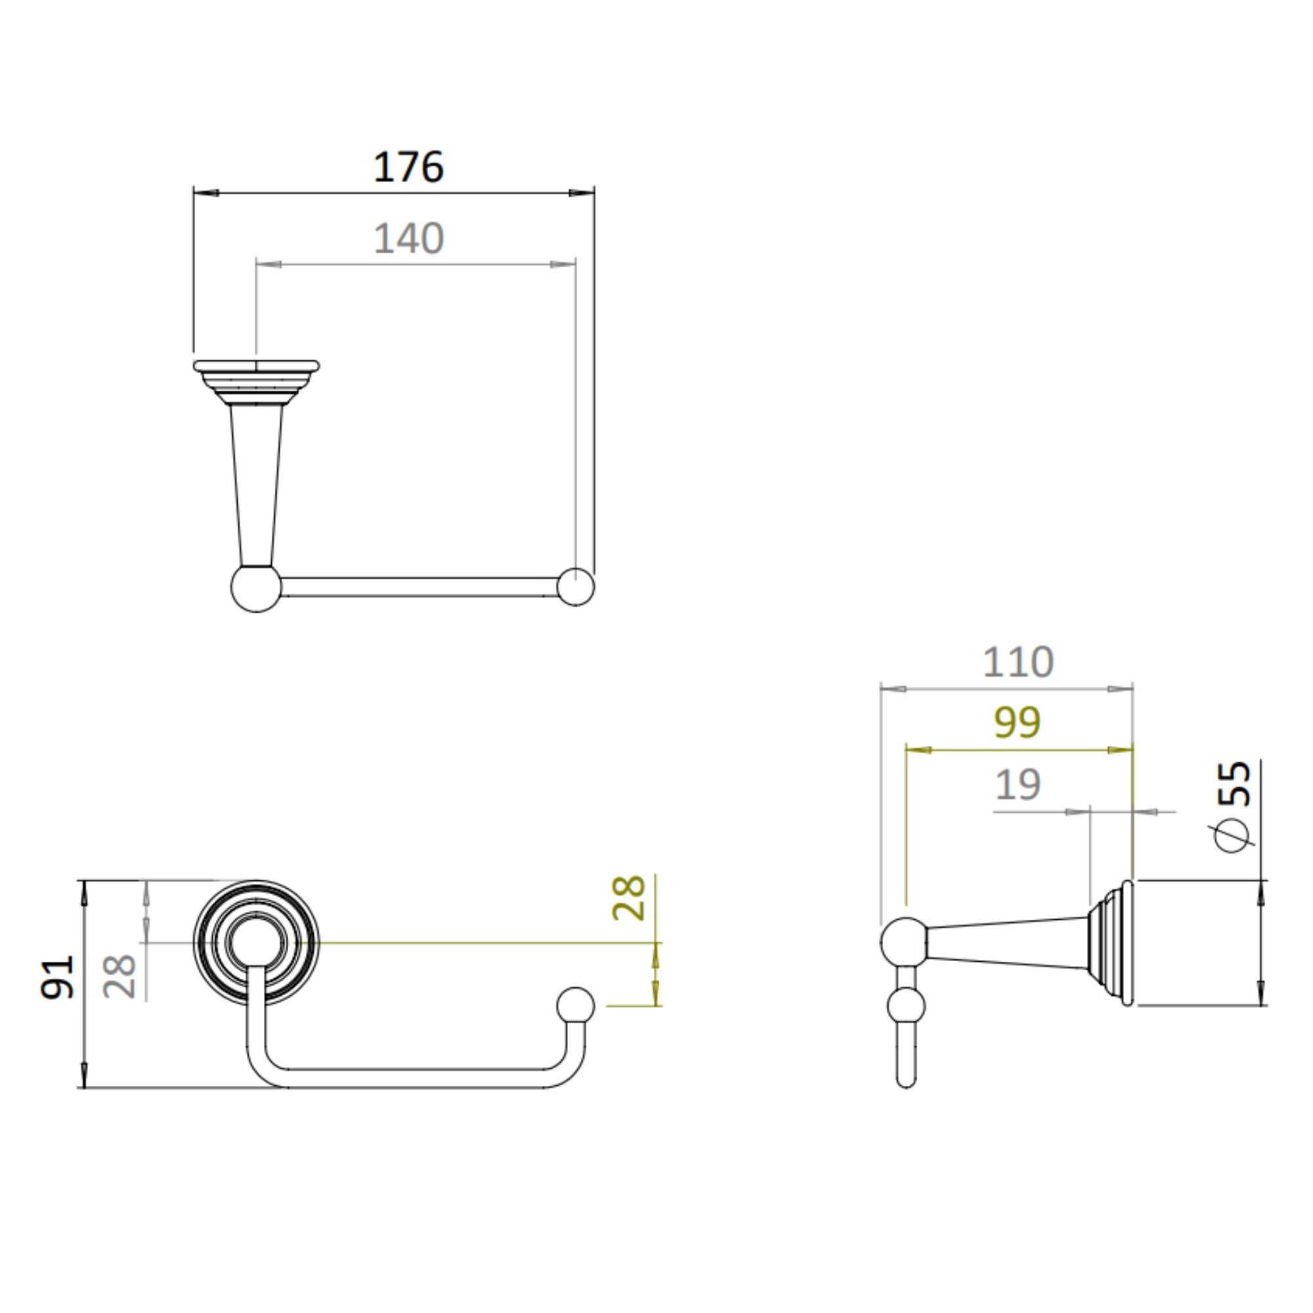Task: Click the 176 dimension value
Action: [408, 167]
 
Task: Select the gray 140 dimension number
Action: [408, 238]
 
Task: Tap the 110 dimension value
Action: [1018, 662]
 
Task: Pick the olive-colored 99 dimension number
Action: [1017, 722]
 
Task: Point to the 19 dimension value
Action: [1018, 785]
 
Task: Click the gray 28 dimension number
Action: [119, 977]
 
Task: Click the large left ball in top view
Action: [255, 588]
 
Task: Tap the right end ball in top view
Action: [575, 586]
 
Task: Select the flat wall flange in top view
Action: [255, 367]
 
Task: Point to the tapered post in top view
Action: [256, 483]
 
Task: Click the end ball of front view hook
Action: [575, 1006]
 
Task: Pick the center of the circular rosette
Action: [255, 943]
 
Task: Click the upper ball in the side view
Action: [904, 942]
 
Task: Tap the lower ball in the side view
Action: [906, 1006]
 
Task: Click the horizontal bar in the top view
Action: [418, 587]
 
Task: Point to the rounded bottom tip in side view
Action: [906, 1080]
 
